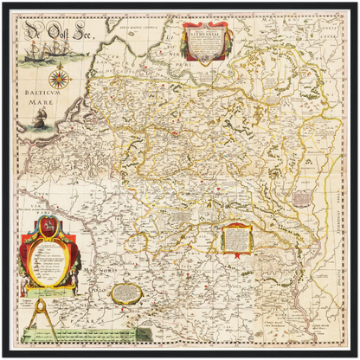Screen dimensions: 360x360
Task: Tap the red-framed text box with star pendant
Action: click(x=235, y=238)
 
